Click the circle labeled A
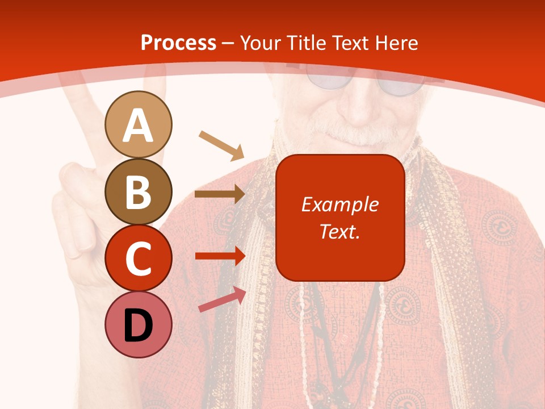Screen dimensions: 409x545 coord(138,124)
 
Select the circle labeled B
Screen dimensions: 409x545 coord(138,191)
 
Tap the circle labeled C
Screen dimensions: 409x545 coord(138,258)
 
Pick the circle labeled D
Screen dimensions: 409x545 coord(138,325)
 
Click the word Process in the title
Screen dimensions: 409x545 coord(178,43)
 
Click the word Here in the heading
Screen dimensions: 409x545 coord(397,43)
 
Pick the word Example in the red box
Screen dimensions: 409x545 coord(339,204)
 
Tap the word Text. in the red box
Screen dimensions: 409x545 coord(339,231)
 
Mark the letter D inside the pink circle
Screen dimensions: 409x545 coord(138,325)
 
